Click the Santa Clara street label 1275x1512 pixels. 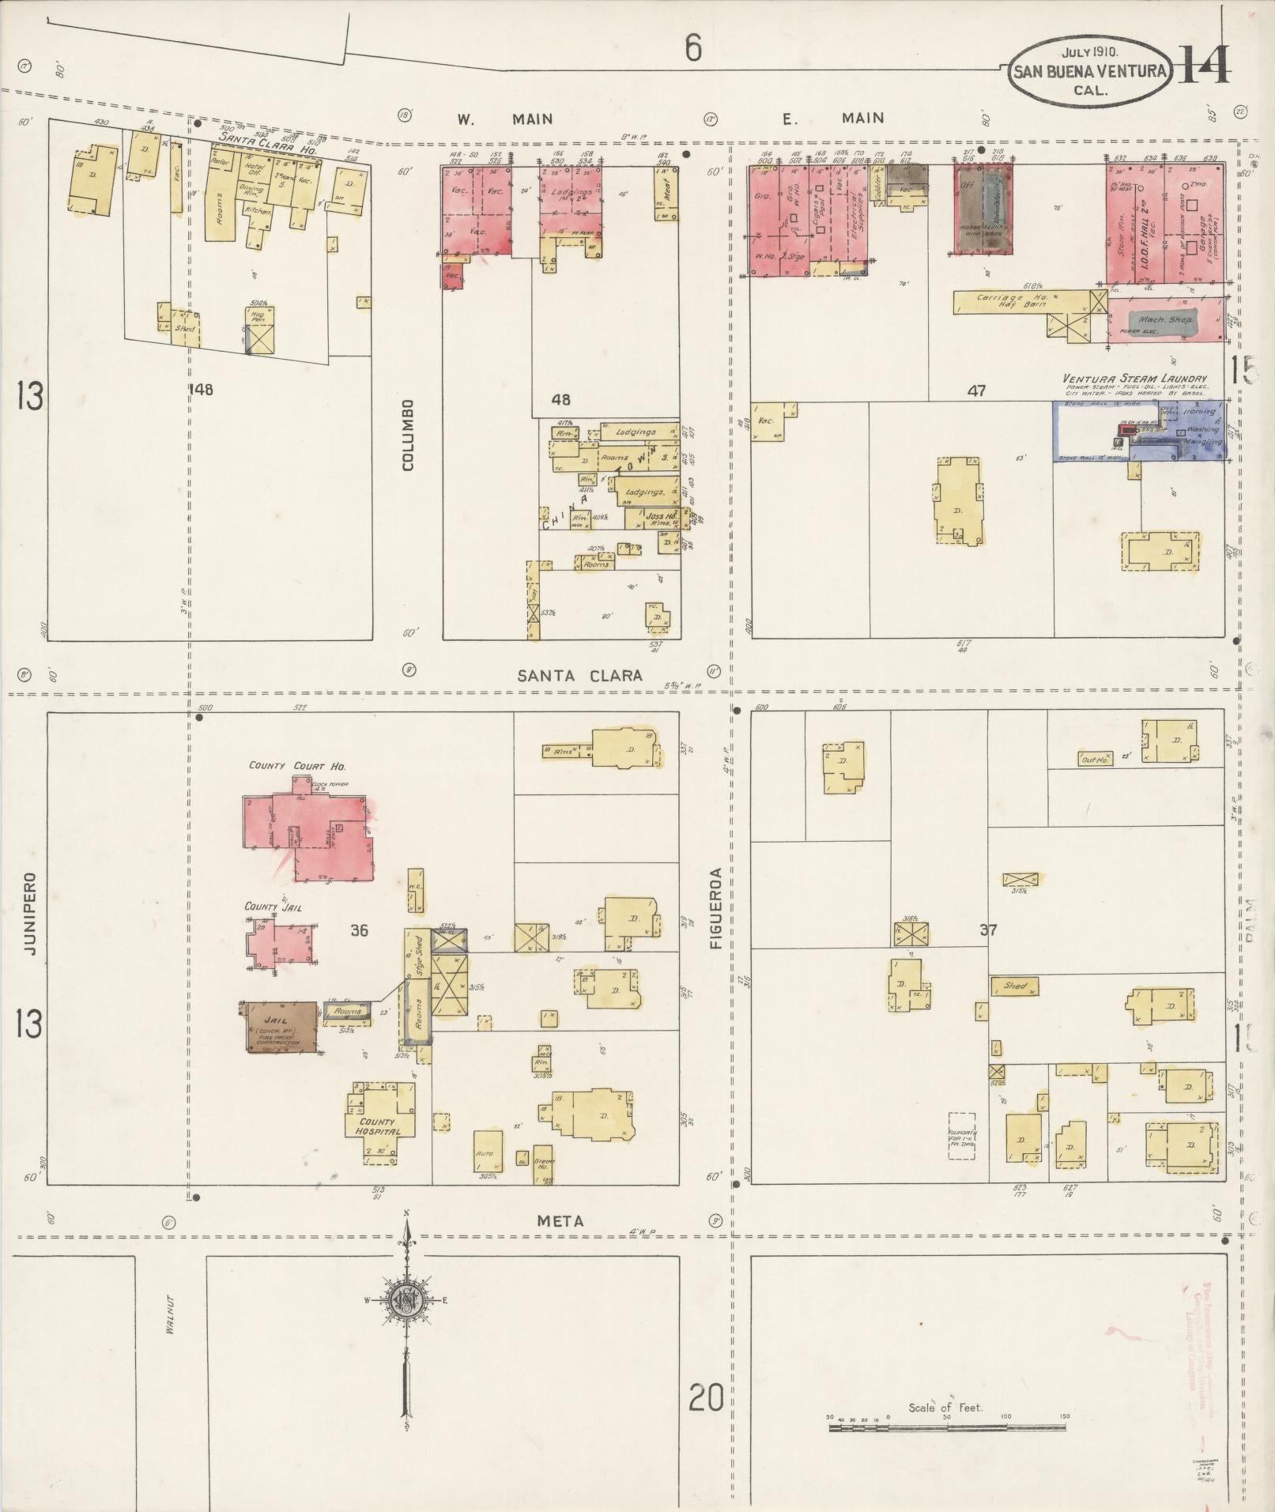(x=579, y=676)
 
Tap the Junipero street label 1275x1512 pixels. (x=32, y=913)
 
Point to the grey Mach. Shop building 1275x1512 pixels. (x=1169, y=322)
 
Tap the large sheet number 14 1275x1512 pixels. (x=1204, y=66)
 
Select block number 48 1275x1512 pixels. (x=560, y=399)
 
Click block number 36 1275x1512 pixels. (x=358, y=930)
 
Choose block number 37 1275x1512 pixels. (x=988, y=930)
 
